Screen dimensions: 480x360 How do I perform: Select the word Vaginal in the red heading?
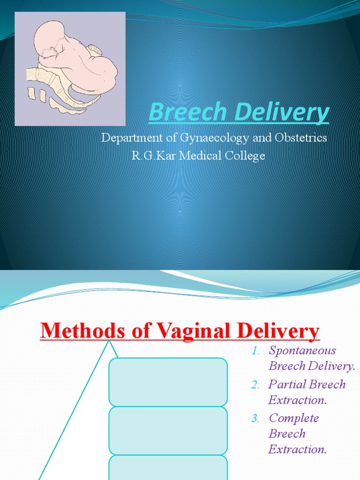pos(184,332)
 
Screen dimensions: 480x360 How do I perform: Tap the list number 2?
pos(255,385)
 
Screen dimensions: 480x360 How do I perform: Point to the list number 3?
pos(255,419)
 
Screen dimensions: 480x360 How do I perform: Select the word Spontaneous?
pos(302,351)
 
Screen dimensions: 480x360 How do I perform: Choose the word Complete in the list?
pos(293,418)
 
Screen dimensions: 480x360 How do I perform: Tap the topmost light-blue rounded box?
pos(168,382)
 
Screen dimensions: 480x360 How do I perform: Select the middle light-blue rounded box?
pos(168,430)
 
